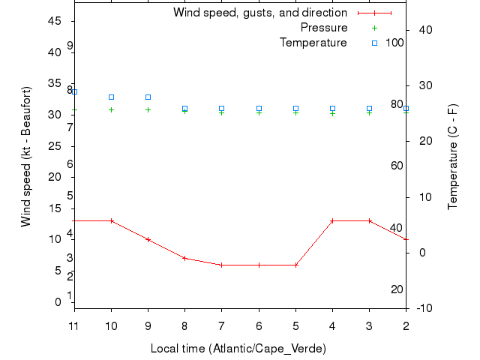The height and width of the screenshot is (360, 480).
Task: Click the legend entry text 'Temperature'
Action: (x=313, y=43)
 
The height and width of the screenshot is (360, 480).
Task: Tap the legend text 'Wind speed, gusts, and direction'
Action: (x=259, y=13)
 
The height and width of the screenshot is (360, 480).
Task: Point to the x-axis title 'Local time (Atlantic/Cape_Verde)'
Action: (x=238, y=349)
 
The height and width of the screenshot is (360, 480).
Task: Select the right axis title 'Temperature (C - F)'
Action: (x=453, y=157)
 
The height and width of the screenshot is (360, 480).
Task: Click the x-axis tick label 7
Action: (x=222, y=325)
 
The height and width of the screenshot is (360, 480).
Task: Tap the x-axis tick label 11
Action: (x=74, y=325)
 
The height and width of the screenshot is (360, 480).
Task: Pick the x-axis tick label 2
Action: (x=406, y=325)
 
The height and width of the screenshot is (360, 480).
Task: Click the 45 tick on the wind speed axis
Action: (x=54, y=21)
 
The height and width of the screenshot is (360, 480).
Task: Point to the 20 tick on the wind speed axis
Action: (x=54, y=177)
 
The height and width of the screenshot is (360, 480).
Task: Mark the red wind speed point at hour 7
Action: (x=222, y=265)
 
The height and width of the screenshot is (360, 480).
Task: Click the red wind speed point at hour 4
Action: (x=332, y=220)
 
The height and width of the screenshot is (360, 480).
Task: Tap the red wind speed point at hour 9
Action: (x=148, y=239)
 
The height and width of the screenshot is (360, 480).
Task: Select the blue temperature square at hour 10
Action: (x=112, y=97)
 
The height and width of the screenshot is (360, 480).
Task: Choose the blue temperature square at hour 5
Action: (x=295, y=109)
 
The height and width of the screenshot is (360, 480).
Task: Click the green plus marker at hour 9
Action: (x=148, y=109)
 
